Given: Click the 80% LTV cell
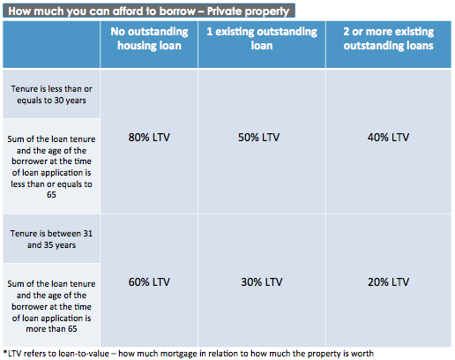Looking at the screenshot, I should [148, 138].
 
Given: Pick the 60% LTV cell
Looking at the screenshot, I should [148, 281].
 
